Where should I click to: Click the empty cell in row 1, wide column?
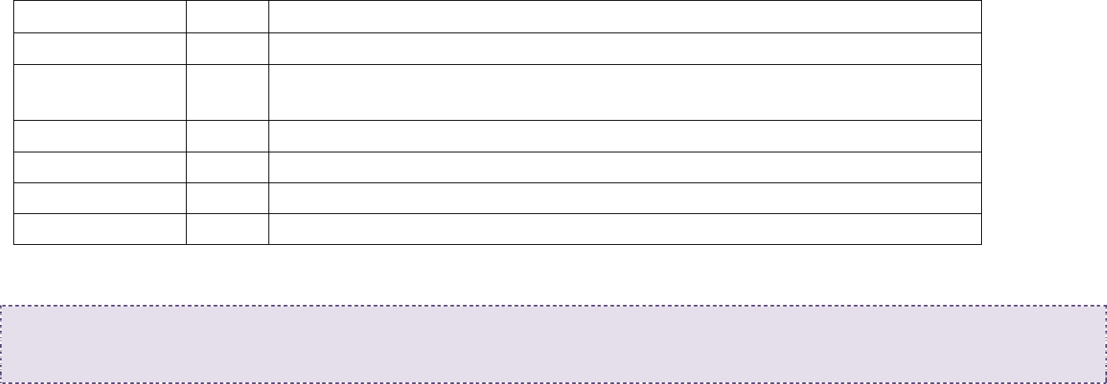click(x=624, y=17)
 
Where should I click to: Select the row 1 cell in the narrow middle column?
click(x=227, y=17)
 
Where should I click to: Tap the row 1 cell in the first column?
click(x=99, y=17)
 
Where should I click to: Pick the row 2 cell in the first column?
click(x=99, y=48)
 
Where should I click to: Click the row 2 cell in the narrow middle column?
click(x=227, y=48)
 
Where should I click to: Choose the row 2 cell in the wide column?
click(x=624, y=48)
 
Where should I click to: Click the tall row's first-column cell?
click(x=99, y=92)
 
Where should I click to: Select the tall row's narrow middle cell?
click(x=227, y=92)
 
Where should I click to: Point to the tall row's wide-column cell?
click(x=624, y=92)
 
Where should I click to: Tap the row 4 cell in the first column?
click(x=99, y=136)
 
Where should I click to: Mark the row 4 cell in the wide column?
click(x=624, y=136)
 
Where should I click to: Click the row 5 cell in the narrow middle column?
click(x=227, y=167)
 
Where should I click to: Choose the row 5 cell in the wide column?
click(x=624, y=167)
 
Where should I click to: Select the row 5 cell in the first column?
click(x=99, y=167)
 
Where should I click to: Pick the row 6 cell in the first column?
click(x=99, y=198)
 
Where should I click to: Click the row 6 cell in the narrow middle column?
click(x=227, y=198)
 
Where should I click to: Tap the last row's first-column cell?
click(x=99, y=229)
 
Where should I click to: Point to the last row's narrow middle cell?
click(x=227, y=229)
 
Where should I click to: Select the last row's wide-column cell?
click(x=624, y=229)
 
